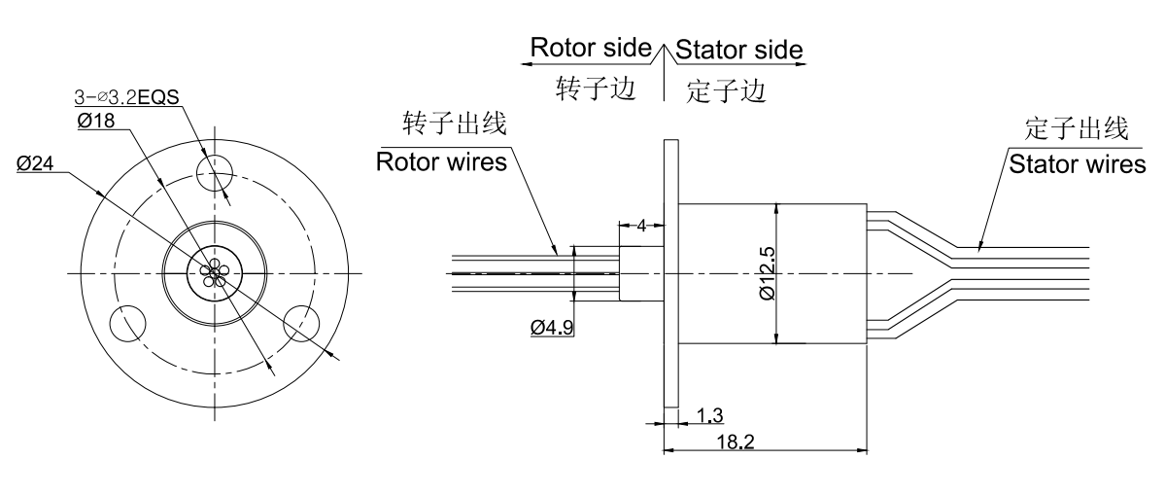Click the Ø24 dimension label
35,164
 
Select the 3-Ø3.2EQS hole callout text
129,97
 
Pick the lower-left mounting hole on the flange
128,324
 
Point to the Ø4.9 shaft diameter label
551,329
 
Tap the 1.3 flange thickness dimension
710,416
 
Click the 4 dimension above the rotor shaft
641,226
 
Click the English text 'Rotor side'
590,48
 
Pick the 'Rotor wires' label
442,162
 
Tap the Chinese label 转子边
595,88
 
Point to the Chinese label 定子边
726,90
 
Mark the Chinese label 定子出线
1076,128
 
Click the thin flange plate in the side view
669,272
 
